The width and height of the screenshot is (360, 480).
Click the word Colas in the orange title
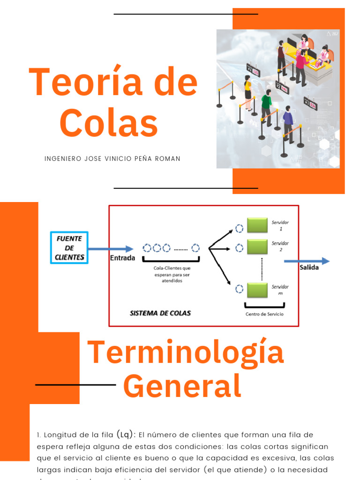[x=109, y=123]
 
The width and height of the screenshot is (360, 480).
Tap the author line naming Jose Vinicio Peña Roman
[x=112, y=159]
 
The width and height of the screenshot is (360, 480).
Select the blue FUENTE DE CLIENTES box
[x=69, y=248]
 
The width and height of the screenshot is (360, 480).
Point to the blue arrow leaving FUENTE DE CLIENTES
[x=111, y=249]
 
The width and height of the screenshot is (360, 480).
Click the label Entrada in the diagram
[x=122, y=258]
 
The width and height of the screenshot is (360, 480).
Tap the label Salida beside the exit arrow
[x=309, y=268]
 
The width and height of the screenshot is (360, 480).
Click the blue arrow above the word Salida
[x=307, y=261]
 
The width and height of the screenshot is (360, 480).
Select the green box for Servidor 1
[x=257, y=225]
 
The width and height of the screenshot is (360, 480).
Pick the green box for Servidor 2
[x=257, y=247]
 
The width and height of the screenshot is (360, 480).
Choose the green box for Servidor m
[x=257, y=290]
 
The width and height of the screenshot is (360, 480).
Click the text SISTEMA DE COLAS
[x=160, y=313]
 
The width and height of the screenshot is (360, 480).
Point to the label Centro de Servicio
[x=264, y=314]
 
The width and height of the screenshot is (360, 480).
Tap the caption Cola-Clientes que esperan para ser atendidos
[x=172, y=274]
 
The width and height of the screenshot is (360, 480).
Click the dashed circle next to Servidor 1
[x=239, y=229]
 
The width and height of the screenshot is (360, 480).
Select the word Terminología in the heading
[x=186, y=352]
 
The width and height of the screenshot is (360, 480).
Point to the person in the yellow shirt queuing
[x=248, y=89]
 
